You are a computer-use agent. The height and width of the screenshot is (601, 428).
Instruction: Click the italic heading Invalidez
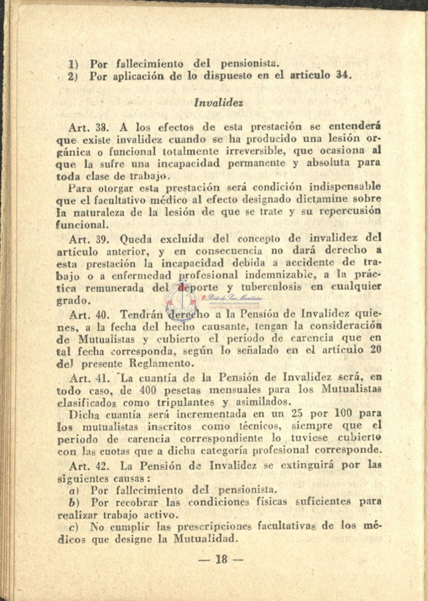218,102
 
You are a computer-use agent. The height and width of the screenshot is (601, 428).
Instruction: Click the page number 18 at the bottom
220,559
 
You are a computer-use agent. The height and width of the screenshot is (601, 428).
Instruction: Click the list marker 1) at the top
73,65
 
